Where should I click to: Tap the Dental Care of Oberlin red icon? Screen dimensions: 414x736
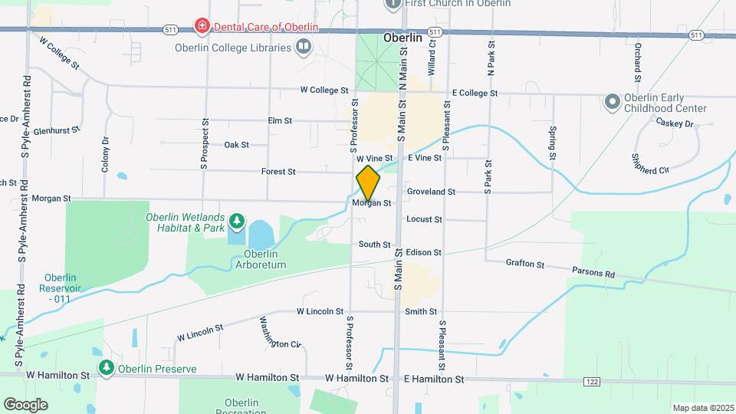pos(202,27)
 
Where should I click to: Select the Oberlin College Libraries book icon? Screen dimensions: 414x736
pos(304,48)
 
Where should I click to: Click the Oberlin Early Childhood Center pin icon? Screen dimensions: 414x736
pos(612,101)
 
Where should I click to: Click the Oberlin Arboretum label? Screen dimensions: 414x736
pos(264,259)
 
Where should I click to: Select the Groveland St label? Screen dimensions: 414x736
pos(431,192)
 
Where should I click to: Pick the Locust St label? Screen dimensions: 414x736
pos(424,219)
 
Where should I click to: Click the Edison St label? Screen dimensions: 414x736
pos(424,252)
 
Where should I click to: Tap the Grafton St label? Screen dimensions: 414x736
pos(524,264)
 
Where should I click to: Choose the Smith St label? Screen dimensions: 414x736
pos(421,312)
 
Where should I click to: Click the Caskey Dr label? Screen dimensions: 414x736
pos(676,123)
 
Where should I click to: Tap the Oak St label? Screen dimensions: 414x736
pos(236,145)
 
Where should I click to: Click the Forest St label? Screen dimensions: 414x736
pos(278,172)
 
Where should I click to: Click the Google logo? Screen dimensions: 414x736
pos(26,404)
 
